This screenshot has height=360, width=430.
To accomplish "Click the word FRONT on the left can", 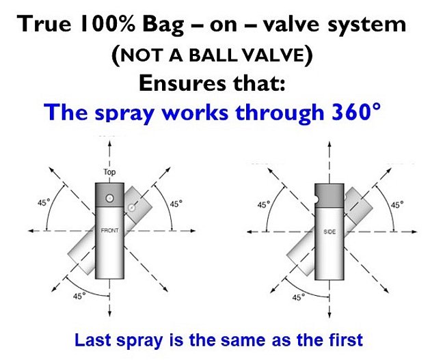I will click(x=109, y=230).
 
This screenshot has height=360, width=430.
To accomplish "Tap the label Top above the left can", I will click(x=109, y=173).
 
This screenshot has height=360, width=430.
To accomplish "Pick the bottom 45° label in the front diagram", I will click(x=79, y=296).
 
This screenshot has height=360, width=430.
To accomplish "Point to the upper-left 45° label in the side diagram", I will click(x=263, y=204).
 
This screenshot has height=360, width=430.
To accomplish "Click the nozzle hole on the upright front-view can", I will click(x=109, y=198).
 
